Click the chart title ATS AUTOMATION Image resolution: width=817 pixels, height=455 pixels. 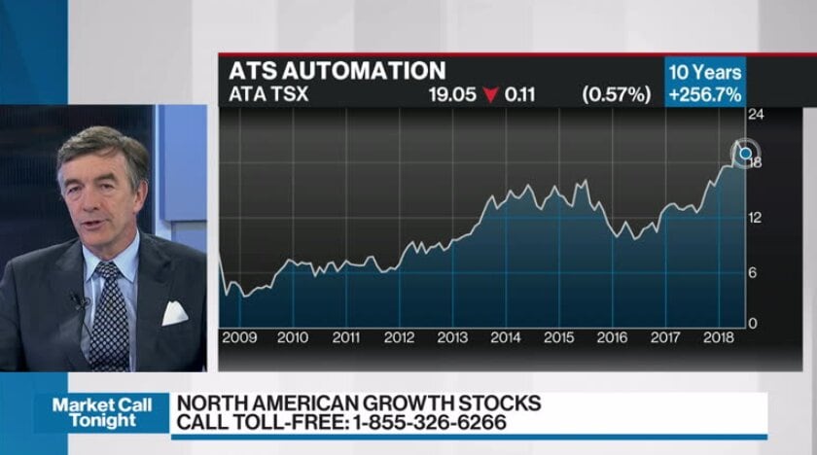pos(337,71)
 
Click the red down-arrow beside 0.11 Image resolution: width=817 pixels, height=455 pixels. pos(490,95)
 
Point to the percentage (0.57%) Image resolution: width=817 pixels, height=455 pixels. pos(616,94)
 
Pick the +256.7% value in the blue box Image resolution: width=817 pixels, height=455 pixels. pos(704,94)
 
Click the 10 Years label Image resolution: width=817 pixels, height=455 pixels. pos(704,72)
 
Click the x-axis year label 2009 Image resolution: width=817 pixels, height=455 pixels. pos(239,337)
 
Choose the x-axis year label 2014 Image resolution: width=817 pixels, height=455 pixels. pos(505,337)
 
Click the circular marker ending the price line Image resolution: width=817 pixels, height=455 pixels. pos(746,153)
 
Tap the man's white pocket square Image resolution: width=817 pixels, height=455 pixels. pos(174,312)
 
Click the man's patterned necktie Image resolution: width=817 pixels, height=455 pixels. pos(109,316)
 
